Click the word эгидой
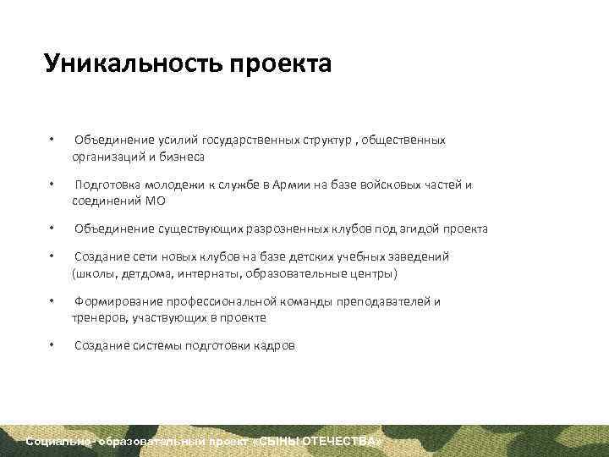tap(422, 228)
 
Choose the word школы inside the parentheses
tap(93, 273)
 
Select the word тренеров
tap(98, 318)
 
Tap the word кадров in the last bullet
tap(276, 345)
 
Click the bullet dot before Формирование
tap(52, 302)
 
